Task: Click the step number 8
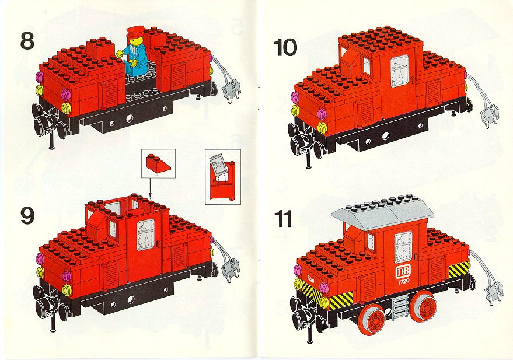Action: [27, 41]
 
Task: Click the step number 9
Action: [27, 216]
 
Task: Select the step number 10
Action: [285, 47]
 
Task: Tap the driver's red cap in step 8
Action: [135, 31]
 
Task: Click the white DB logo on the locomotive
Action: [403, 271]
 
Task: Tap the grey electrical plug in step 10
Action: [489, 117]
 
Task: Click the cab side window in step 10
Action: [399, 71]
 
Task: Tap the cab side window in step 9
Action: [145, 235]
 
